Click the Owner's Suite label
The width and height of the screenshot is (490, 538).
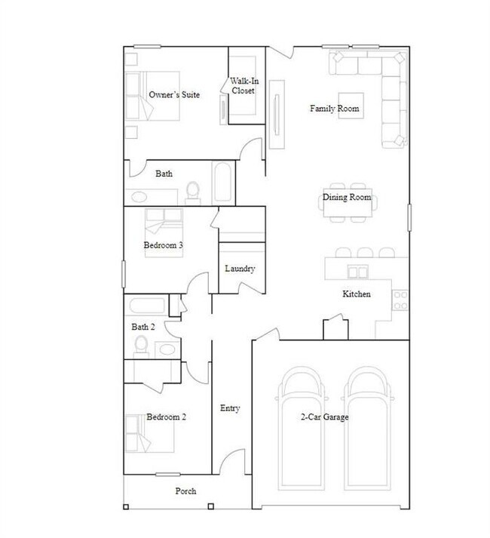(x=174, y=95)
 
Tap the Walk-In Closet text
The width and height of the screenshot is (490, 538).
(x=243, y=85)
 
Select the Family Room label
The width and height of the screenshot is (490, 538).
(x=334, y=109)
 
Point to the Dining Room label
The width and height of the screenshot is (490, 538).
(x=347, y=198)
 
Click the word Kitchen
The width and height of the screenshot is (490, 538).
(x=357, y=294)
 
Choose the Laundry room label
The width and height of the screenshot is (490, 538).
(x=240, y=268)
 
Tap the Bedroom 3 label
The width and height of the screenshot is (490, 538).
(x=164, y=245)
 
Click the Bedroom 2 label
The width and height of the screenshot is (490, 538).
(x=167, y=417)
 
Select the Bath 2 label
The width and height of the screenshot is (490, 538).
(x=143, y=327)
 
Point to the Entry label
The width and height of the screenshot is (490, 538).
(x=230, y=408)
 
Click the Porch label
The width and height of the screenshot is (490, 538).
(x=185, y=490)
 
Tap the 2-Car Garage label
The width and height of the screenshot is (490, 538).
(x=324, y=417)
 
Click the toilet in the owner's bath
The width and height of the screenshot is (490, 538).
(x=193, y=192)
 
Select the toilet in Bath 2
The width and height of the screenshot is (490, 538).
(x=141, y=346)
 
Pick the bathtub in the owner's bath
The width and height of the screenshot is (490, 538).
(x=223, y=183)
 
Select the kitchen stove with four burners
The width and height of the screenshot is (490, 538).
(x=400, y=300)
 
